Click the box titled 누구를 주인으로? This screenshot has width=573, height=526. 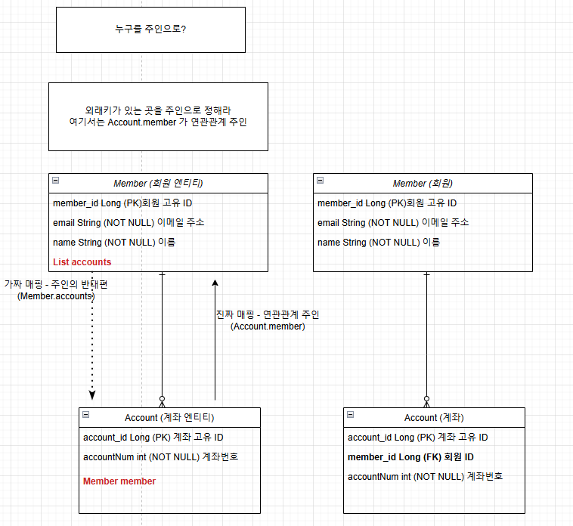tap(150, 29)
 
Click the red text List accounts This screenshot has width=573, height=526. tap(82, 262)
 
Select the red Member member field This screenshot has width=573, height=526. tap(119, 481)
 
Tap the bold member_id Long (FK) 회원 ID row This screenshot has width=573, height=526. tap(410, 457)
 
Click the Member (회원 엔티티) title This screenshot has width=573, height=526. tap(158, 184)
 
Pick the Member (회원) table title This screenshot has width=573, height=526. tap(423, 184)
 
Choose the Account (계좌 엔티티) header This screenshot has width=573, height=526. tap(169, 418)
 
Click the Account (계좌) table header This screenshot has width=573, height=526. tap(434, 418)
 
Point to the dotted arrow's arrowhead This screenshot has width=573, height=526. tap(92, 394)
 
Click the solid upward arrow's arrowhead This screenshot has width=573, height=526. tap(215, 283)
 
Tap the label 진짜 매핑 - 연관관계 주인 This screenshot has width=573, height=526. tap(268, 315)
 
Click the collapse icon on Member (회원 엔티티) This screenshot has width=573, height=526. tap(55, 181)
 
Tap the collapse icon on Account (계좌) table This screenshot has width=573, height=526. tap(350, 415)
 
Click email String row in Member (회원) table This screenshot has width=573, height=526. tap(392, 223)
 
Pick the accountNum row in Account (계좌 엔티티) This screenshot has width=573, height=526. tap(160, 456)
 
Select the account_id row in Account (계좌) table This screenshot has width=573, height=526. tap(417, 438)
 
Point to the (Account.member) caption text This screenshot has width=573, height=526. tap(268, 326)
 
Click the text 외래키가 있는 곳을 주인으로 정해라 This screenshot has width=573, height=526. tap(158, 110)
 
